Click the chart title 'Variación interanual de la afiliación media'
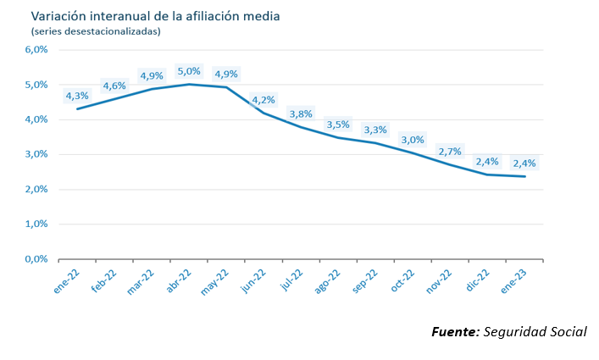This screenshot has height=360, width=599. [x=155, y=16]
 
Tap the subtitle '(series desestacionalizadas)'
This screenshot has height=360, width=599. [x=95, y=31]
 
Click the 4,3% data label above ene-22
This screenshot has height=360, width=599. [x=77, y=96]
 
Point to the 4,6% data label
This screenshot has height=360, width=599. [x=114, y=86]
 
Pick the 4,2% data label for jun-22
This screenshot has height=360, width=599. [x=263, y=100]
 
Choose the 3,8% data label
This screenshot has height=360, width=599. [x=301, y=114]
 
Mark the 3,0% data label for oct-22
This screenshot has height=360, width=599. [x=413, y=139]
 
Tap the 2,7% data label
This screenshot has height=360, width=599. [x=450, y=151]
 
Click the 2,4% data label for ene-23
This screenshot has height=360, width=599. [x=524, y=163]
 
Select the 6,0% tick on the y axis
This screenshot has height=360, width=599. [x=36, y=50]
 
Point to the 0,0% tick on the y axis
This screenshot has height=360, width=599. [x=36, y=259]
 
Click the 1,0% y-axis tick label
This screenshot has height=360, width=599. [x=36, y=224]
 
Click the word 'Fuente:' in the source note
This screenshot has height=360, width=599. [x=455, y=331]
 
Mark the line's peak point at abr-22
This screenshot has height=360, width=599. [x=190, y=84]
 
